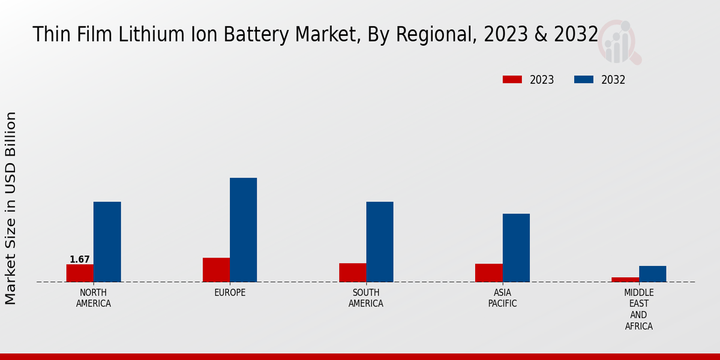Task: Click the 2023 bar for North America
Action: pyautogui.click(x=80, y=273)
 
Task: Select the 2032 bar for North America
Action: pyautogui.click(x=107, y=242)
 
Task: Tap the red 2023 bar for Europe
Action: pyautogui.click(x=216, y=270)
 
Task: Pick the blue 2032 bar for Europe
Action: pyautogui.click(x=244, y=230)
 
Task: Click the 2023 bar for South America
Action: pyautogui.click(x=352, y=272)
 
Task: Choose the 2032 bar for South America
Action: pyautogui.click(x=380, y=242)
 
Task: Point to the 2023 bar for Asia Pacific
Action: pyautogui.click(x=488, y=273)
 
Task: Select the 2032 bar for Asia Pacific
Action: pyautogui.click(x=516, y=248)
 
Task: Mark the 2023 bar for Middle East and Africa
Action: pyautogui.click(x=625, y=280)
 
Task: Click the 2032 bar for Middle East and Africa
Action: pyautogui.click(x=653, y=274)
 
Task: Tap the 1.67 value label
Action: pyautogui.click(x=80, y=260)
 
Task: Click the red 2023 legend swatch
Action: pyautogui.click(x=512, y=80)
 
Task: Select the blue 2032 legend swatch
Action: pyautogui.click(x=584, y=80)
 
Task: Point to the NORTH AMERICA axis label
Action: pyautogui.click(x=94, y=298)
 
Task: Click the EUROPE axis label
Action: pyautogui.click(x=230, y=293)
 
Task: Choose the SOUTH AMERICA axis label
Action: pyautogui.click(x=366, y=298)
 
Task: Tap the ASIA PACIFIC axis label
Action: pyautogui.click(x=503, y=298)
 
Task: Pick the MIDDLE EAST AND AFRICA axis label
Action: pyautogui.click(x=639, y=310)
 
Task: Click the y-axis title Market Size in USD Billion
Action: pyautogui.click(x=11, y=208)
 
